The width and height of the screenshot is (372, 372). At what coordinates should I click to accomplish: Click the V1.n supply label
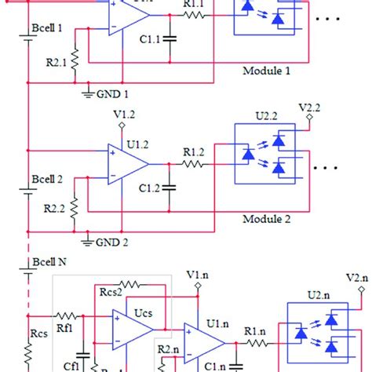[198, 274]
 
